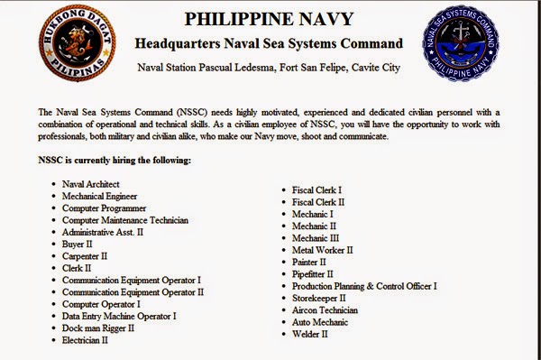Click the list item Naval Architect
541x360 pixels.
93,184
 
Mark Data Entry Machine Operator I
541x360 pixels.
119,316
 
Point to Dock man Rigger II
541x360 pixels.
98,328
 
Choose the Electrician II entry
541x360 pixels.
86,340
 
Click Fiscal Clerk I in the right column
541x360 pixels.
316,190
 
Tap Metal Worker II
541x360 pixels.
322,250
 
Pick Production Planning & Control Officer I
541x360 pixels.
364,286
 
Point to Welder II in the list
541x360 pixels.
310,334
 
